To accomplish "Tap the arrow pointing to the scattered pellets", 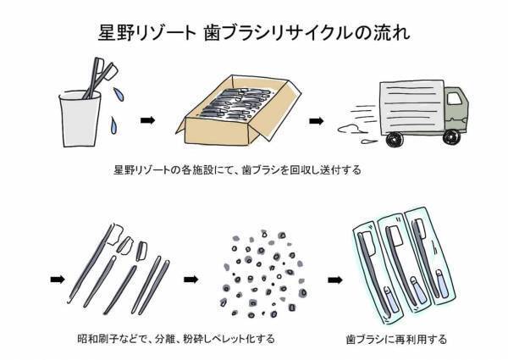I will pyautogui.click(x=194, y=277).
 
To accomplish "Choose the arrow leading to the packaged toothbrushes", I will pyautogui.click(x=336, y=277).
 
